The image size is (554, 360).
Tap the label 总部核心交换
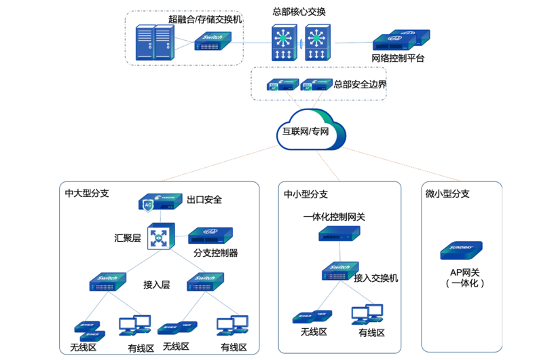[x=299, y=11]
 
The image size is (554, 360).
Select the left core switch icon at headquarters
[x=283, y=43]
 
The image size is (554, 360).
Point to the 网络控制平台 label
[x=398, y=58]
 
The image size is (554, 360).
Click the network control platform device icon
[x=401, y=39]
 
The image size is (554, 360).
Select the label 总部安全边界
[x=360, y=85]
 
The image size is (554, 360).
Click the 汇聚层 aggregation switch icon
[x=161, y=238]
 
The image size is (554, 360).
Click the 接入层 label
[x=156, y=285]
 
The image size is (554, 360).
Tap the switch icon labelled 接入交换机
[x=339, y=272]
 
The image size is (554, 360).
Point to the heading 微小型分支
[x=447, y=194]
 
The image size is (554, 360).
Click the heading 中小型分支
[x=306, y=194]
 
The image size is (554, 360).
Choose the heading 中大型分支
[x=87, y=193]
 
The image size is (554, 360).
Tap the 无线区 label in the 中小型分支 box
[x=314, y=332]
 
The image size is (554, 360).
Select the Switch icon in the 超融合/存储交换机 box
[x=215, y=43]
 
